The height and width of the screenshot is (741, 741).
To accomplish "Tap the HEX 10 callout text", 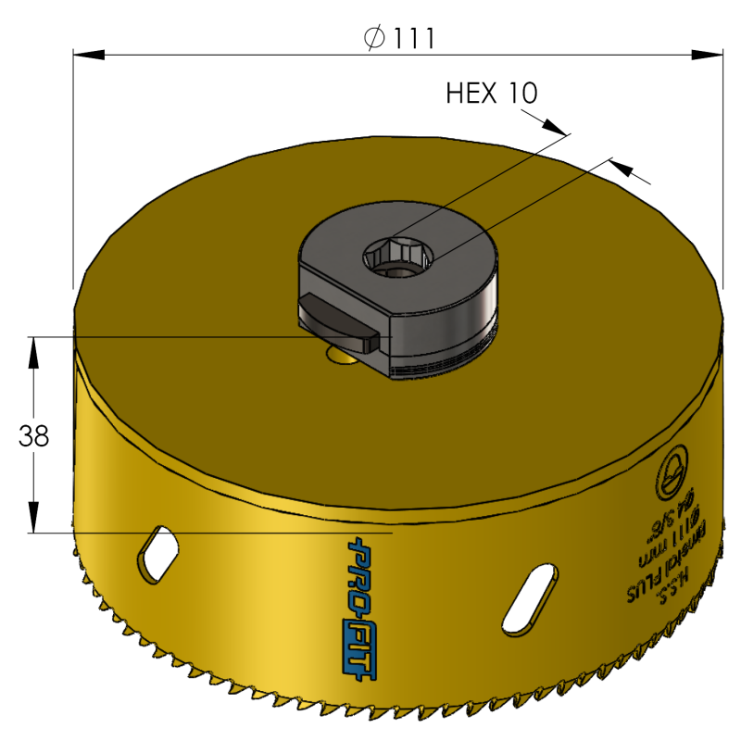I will click(x=492, y=93).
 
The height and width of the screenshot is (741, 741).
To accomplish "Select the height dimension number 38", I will click(x=33, y=436).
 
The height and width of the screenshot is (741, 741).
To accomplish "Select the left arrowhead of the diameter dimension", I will click(x=86, y=57).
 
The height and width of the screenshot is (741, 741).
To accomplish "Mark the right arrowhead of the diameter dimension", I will click(x=710, y=57).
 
